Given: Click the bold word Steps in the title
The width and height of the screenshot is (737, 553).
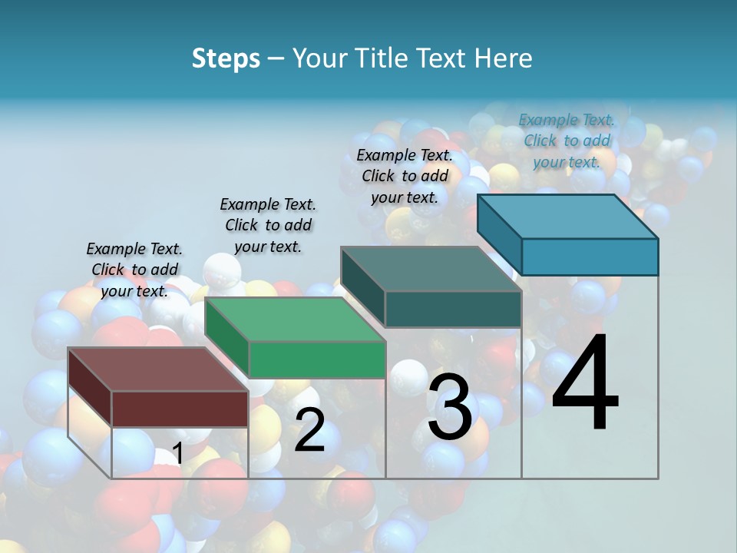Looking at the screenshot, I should (x=226, y=58).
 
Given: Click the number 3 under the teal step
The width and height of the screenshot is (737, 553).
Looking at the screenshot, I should (x=450, y=408).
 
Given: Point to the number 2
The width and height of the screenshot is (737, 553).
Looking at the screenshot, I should (x=309, y=430).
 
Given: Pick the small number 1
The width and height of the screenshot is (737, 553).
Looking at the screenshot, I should (x=177, y=453).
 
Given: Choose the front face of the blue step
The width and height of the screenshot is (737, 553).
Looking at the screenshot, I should (x=590, y=257).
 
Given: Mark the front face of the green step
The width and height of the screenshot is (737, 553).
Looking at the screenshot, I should (x=317, y=359).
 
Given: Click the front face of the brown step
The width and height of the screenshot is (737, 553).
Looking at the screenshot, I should (x=180, y=409).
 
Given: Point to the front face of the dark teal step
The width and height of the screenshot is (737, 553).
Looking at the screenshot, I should (x=453, y=310).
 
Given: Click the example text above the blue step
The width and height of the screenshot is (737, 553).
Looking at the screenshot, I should (x=567, y=141).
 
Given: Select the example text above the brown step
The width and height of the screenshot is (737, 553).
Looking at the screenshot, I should (x=134, y=270).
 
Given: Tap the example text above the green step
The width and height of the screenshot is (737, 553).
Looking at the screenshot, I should (x=268, y=225).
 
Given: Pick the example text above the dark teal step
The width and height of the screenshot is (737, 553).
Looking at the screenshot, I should (x=405, y=176).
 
